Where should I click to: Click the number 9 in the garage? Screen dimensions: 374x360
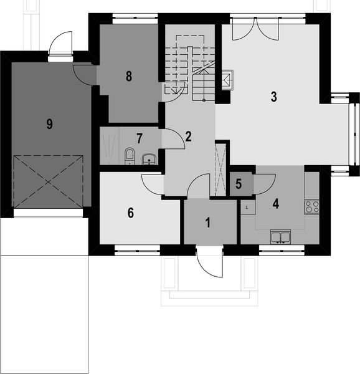[x=49, y=123]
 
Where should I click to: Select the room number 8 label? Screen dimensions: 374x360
[x=129, y=77]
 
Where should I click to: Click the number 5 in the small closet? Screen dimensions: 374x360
[x=239, y=185]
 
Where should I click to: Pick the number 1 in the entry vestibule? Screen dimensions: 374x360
[x=209, y=222]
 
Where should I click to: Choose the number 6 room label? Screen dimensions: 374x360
[x=130, y=213]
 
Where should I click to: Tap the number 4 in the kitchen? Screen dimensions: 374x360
[x=274, y=203]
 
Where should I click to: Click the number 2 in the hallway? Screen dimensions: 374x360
[x=188, y=136]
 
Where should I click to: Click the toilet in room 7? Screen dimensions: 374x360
[x=130, y=155]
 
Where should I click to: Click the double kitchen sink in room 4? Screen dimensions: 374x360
[x=280, y=236]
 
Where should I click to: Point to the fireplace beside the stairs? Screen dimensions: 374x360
[x=227, y=80]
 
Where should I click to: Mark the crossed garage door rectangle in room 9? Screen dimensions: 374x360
[x=49, y=181]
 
